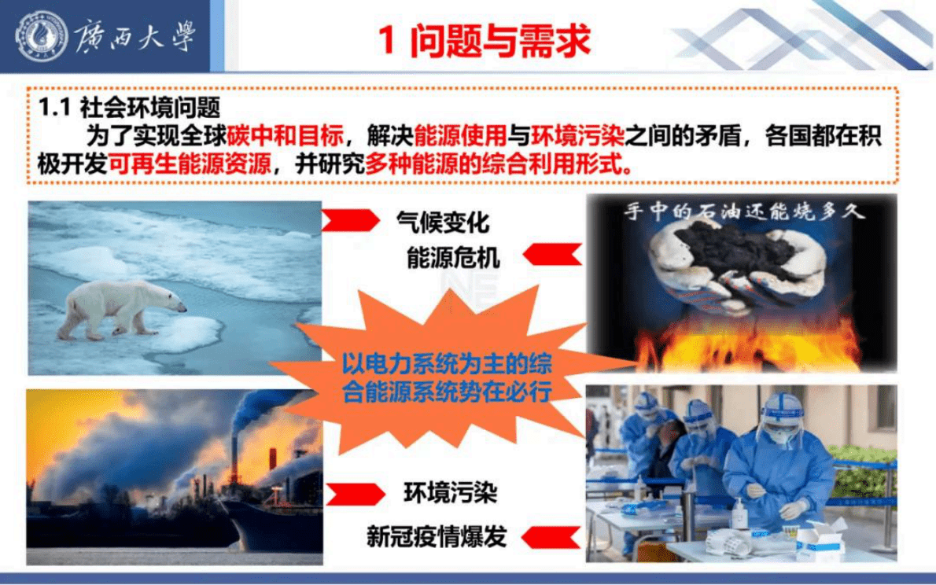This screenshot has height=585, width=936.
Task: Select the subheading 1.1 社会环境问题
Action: pos(131,106)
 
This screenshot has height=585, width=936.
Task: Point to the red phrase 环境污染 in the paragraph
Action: pos(579,136)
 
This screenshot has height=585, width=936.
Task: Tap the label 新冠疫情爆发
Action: pos(437,536)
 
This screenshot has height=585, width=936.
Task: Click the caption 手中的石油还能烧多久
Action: pos(743,212)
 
